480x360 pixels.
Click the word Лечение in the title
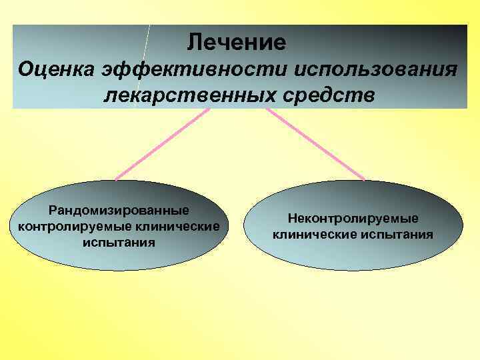click(237, 43)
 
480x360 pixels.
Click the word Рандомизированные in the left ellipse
click(119, 211)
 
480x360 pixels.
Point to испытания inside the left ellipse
click(119, 242)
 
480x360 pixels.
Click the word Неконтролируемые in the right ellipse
click(353, 219)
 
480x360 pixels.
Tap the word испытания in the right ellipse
click(398, 235)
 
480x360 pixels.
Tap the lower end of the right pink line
click(364, 179)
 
